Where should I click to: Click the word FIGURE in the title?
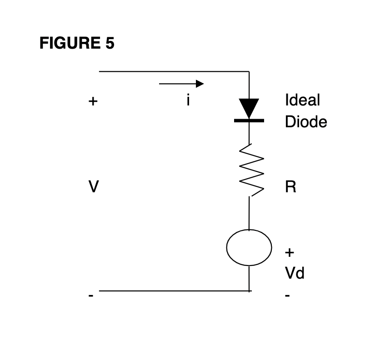click(68, 43)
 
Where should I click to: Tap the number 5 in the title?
click(110, 43)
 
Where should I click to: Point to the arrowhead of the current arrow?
click(200, 84)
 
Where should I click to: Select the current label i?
click(188, 100)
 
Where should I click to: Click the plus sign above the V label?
click(93, 101)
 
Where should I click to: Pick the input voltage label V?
click(93, 187)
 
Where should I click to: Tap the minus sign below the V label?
click(91, 296)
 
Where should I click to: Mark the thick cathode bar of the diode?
click(249, 121)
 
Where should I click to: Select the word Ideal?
click(302, 100)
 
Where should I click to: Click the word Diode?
click(305, 122)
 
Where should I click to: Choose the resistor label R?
click(290, 187)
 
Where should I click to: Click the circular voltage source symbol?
click(249, 248)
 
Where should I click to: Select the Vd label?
click(295, 273)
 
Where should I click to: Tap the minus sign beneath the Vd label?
click(287, 296)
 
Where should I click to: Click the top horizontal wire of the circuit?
click(173, 71)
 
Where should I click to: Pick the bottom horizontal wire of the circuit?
click(173, 290)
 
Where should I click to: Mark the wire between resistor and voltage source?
click(249, 214)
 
